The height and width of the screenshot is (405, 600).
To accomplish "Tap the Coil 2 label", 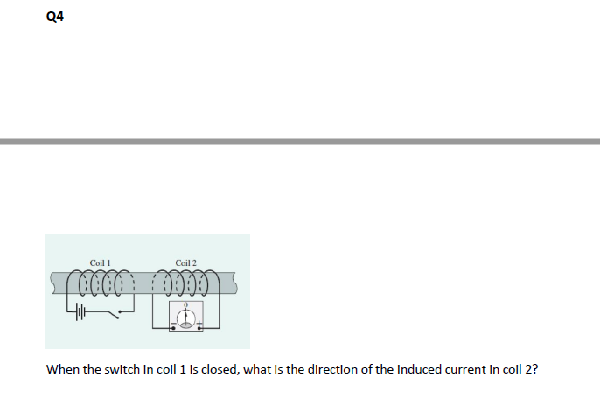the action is pyautogui.click(x=186, y=262).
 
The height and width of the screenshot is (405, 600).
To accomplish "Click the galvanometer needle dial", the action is pyautogui.click(x=186, y=318).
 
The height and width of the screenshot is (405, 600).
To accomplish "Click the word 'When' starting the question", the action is pyautogui.click(x=62, y=369).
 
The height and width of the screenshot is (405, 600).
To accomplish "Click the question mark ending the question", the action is pyautogui.click(x=535, y=369).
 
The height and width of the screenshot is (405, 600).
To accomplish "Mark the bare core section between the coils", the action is pyautogui.click(x=144, y=282).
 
